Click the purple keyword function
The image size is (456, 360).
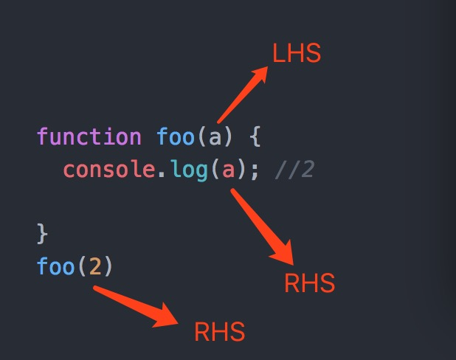pyautogui.click(x=89, y=137)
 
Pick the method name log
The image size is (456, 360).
pyautogui.click(x=189, y=170)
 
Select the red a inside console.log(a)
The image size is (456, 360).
pyautogui.click(x=229, y=170)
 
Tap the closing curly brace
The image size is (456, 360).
pyautogui.click(x=42, y=234)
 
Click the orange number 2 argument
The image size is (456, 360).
pyautogui.click(x=94, y=266)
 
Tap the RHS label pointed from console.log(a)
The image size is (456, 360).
pyautogui.click(x=309, y=283)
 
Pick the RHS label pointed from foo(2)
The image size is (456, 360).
pyautogui.click(x=219, y=332)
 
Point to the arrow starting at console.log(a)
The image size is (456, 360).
pyautogui.click(x=262, y=225)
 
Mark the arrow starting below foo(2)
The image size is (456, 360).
pyautogui.click(x=137, y=305)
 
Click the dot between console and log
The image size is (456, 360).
pyautogui.click(x=162, y=174)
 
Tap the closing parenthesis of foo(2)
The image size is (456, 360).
pyautogui.click(x=108, y=266)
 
